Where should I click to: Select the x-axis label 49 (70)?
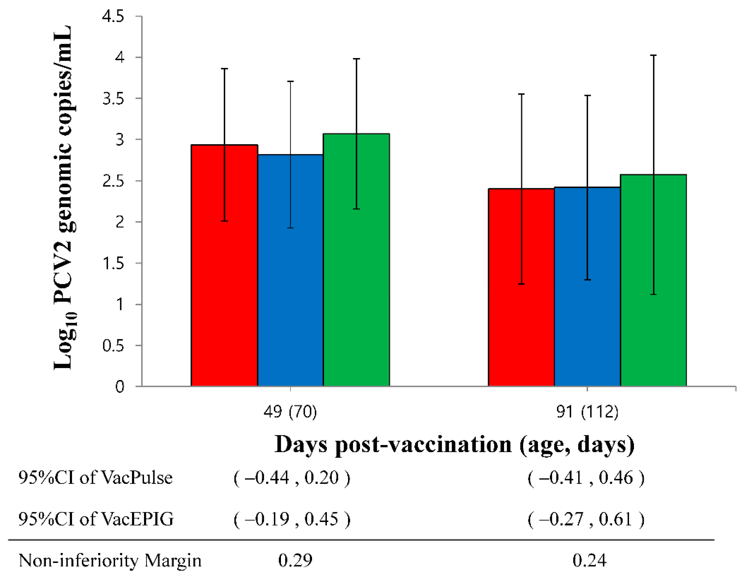[x=290, y=412]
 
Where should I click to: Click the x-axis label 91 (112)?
[x=587, y=412]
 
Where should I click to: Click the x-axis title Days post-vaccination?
[x=454, y=445]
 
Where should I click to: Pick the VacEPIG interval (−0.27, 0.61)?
[x=586, y=519]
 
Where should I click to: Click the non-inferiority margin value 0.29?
[x=295, y=561]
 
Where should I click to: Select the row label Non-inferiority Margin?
[x=110, y=561]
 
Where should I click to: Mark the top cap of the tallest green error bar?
[x=653, y=55]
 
